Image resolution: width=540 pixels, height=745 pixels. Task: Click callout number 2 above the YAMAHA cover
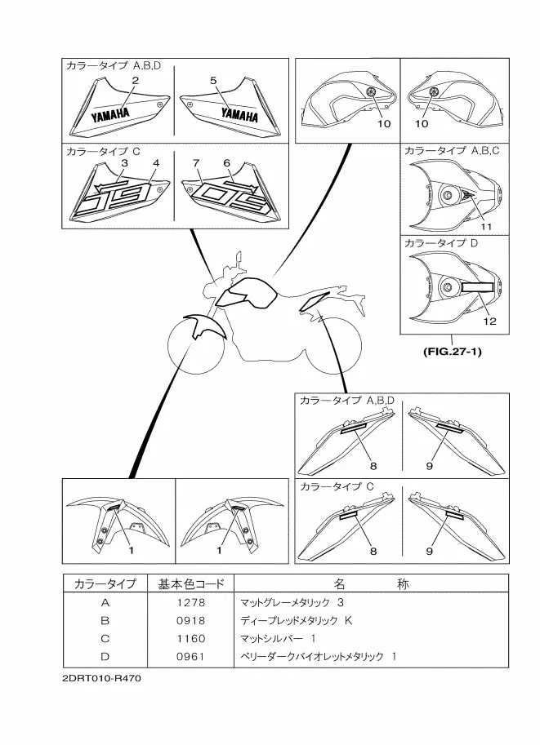point(136,80)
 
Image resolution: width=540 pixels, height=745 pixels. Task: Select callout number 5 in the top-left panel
point(212,80)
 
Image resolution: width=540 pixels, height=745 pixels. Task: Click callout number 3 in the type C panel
point(124,163)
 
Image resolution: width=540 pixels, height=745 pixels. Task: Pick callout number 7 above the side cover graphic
point(197,163)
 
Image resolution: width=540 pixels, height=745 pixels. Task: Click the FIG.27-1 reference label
point(451,353)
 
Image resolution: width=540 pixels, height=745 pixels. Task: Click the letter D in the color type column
point(105,656)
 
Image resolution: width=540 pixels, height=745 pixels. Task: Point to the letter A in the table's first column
point(105,603)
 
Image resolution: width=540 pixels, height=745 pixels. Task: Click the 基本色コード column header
point(188,584)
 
